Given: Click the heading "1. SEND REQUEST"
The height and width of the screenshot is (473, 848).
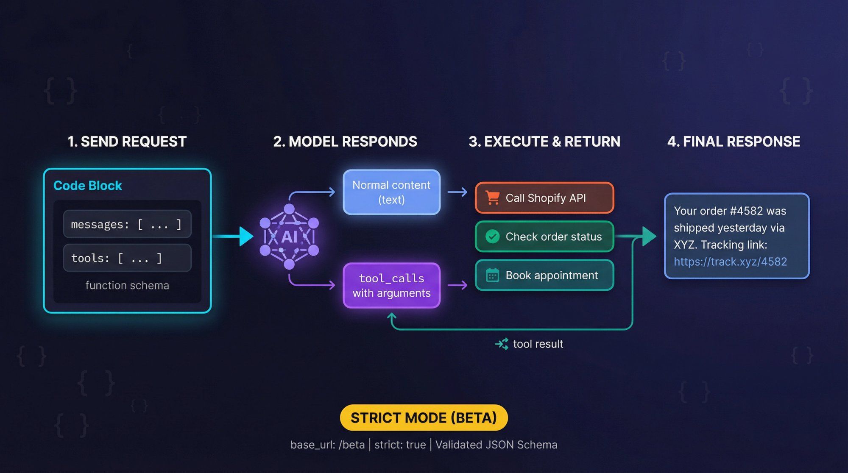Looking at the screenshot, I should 127,142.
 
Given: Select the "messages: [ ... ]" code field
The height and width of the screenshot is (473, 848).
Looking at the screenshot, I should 127,224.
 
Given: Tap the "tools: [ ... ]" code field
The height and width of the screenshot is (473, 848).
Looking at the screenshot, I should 127,258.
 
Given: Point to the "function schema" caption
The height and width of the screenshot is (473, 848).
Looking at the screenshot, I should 127,286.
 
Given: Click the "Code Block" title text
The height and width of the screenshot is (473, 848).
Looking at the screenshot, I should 87,186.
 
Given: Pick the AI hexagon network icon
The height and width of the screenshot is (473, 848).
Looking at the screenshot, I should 289,236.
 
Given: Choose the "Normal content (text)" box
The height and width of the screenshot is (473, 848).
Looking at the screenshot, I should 391,192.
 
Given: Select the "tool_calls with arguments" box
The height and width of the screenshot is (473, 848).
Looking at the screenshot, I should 391,286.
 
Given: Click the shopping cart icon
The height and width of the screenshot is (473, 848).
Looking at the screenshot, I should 492,198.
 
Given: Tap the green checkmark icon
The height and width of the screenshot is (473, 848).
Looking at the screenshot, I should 492,236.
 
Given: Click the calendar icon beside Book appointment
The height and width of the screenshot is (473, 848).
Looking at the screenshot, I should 492,275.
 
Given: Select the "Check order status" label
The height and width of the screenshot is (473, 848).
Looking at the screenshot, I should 553,236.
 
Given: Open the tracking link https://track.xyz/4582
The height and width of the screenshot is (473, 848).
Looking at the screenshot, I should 730,262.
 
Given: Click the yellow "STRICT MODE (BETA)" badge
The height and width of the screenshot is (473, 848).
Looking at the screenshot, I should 424,418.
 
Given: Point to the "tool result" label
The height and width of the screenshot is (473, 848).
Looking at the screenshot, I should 538,344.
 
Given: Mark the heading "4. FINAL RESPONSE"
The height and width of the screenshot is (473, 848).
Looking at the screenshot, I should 734,142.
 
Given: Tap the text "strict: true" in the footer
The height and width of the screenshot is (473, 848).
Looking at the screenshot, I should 400,445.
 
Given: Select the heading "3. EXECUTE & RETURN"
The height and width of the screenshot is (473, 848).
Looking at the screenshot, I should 544,142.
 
